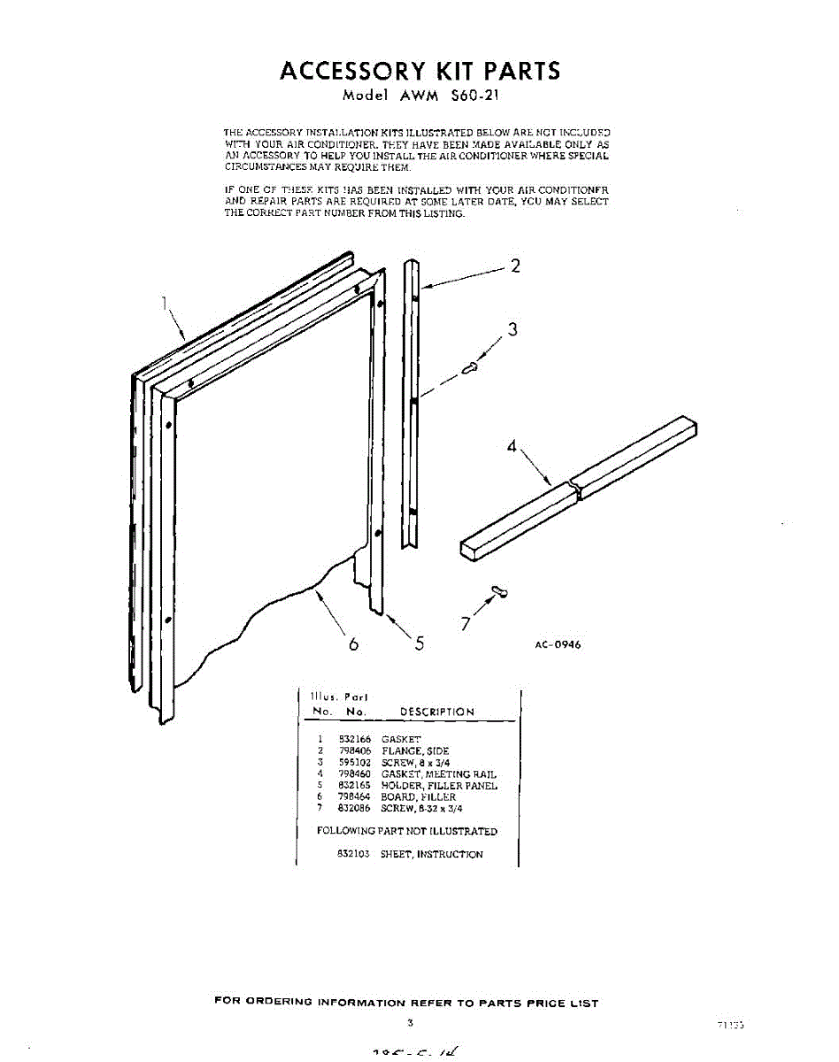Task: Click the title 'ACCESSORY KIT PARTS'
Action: pyautogui.click(x=419, y=71)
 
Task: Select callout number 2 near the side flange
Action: pyautogui.click(x=515, y=265)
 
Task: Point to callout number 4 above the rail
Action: pyautogui.click(x=512, y=447)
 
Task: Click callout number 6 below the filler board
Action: pyautogui.click(x=353, y=644)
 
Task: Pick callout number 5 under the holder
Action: pyautogui.click(x=419, y=643)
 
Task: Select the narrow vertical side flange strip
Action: pyautogui.click(x=412, y=403)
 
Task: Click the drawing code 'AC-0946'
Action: pyautogui.click(x=558, y=644)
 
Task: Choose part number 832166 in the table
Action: pyautogui.click(x=353, y=739)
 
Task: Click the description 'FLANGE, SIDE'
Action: pyautogui.click(x=415, y=750)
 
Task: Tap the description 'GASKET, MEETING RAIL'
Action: pyautogui.click(x=439, y=773)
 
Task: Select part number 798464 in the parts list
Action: pyautogui.click(x=353, y=796)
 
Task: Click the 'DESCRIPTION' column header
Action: pyautogui.click(x=437, y=712)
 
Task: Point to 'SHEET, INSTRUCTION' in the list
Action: pyautogui.click(x=432, y=854)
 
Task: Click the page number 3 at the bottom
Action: pyautogui.click(x=410, y=1022)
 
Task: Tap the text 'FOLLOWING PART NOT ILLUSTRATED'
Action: pyautogui.click(x=407, y=831)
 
